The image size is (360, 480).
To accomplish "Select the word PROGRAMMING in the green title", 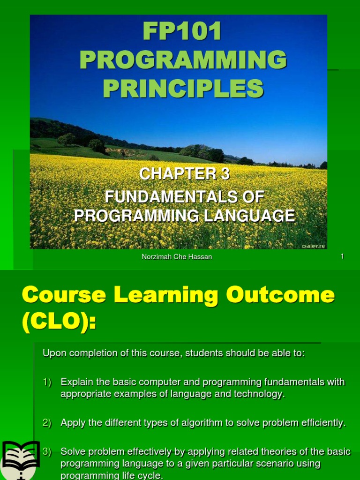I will tap(183, 61).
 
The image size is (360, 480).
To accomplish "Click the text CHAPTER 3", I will tap(185, 174).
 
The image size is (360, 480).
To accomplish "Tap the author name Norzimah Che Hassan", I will tap(177, 257).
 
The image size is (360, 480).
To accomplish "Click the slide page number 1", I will tap(342, 256).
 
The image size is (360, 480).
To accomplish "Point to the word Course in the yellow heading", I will tap(59, 295).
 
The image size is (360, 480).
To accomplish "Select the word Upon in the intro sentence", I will tap(52, 353).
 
